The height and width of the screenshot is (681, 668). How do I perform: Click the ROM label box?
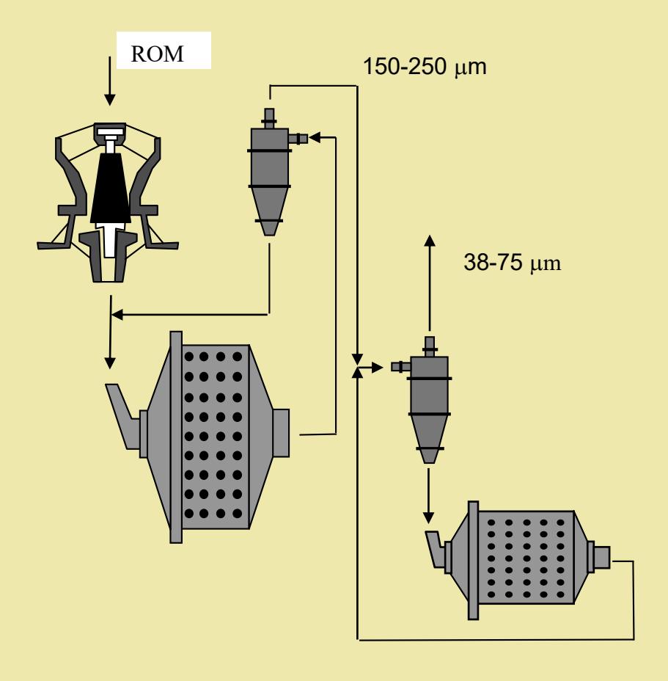tap(164, 51)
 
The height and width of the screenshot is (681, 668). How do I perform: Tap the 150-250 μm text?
tap(424, 67)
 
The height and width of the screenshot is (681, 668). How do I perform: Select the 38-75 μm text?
tap(512, 262)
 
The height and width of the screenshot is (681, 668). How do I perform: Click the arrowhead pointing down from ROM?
tap(110, 100)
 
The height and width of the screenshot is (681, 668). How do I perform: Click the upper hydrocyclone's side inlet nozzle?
tap(298, 139)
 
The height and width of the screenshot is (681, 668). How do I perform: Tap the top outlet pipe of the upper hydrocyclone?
tap(269, 118)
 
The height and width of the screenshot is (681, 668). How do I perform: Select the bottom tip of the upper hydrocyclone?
tap(269, 235)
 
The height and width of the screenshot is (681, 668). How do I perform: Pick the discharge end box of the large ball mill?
tap(281, 433)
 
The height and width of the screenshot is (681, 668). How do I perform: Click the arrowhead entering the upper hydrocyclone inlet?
tap(315, 138)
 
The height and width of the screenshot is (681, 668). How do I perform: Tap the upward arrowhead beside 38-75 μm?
tap(430, 241)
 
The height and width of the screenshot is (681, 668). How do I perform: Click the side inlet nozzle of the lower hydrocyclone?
tap(400, 367)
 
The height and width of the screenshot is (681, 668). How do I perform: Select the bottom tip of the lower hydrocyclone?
tap(429, 462)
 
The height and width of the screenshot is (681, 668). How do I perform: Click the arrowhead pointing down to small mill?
tap(428, 517)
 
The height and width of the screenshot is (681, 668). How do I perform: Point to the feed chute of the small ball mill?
tap(436, 547)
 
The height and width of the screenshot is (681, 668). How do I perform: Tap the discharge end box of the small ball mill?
tap(601, 557)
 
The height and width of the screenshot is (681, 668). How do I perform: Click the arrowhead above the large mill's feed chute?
tap(110, 363)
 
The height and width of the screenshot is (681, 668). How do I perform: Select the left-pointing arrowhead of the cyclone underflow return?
tap(117, 314)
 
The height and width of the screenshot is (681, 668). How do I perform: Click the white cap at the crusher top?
tap(110, 131)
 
